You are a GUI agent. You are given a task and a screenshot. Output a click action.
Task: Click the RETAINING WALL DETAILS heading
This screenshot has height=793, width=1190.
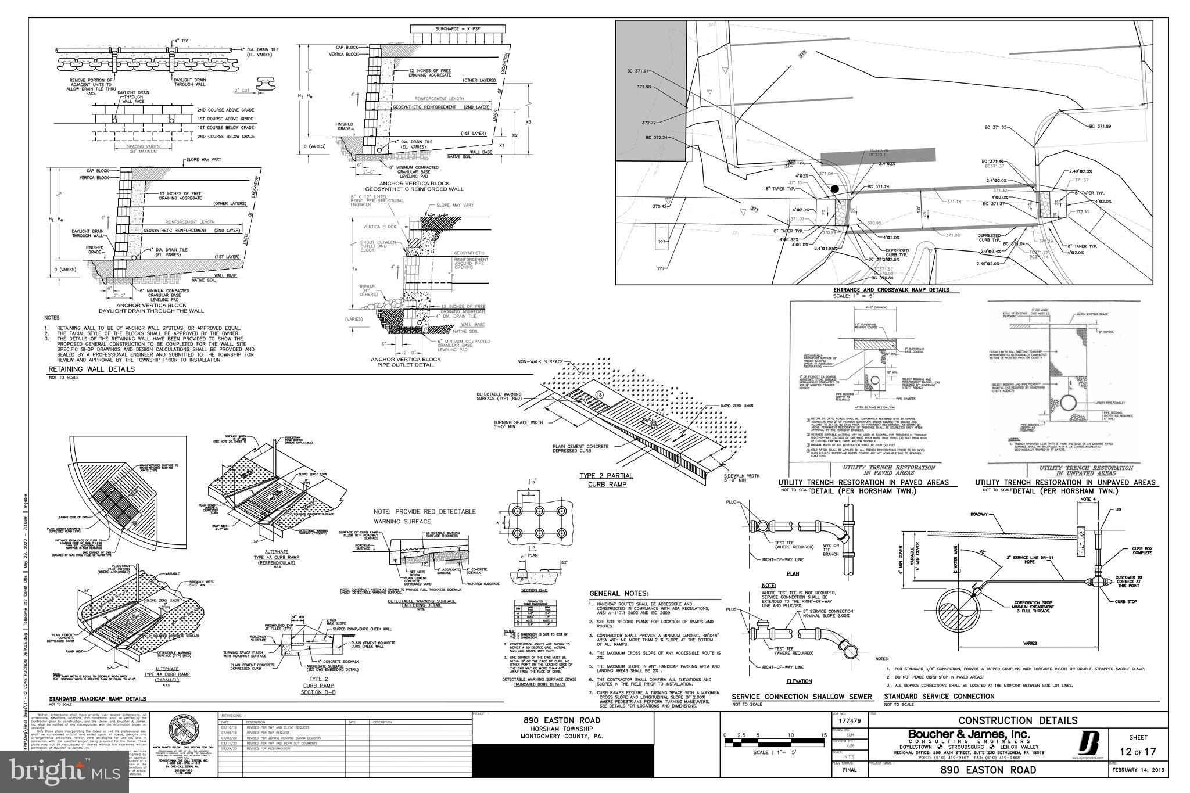click(91, 369)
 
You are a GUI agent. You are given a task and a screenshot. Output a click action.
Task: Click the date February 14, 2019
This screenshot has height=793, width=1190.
click(1137, 770)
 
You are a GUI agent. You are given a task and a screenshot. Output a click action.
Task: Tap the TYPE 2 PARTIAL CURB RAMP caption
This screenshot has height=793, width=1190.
click(606, 480)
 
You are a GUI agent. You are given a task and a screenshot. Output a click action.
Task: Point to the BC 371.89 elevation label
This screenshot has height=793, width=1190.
click(1100, 126)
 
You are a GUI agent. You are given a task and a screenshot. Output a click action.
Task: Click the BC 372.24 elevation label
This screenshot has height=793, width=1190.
click(656, 138)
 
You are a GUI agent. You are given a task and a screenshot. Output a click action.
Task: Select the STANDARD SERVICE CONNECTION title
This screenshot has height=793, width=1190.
click(939, 696)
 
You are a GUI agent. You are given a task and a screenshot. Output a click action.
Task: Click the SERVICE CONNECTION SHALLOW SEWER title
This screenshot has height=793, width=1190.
click(802, 697)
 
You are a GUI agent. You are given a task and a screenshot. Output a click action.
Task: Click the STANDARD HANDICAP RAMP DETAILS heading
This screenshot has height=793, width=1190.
click(97, 699)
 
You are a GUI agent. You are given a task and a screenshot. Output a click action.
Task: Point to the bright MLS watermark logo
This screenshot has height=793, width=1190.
click(64, 772)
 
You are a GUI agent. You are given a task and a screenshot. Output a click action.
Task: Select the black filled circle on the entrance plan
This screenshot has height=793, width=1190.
click(834, 189)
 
